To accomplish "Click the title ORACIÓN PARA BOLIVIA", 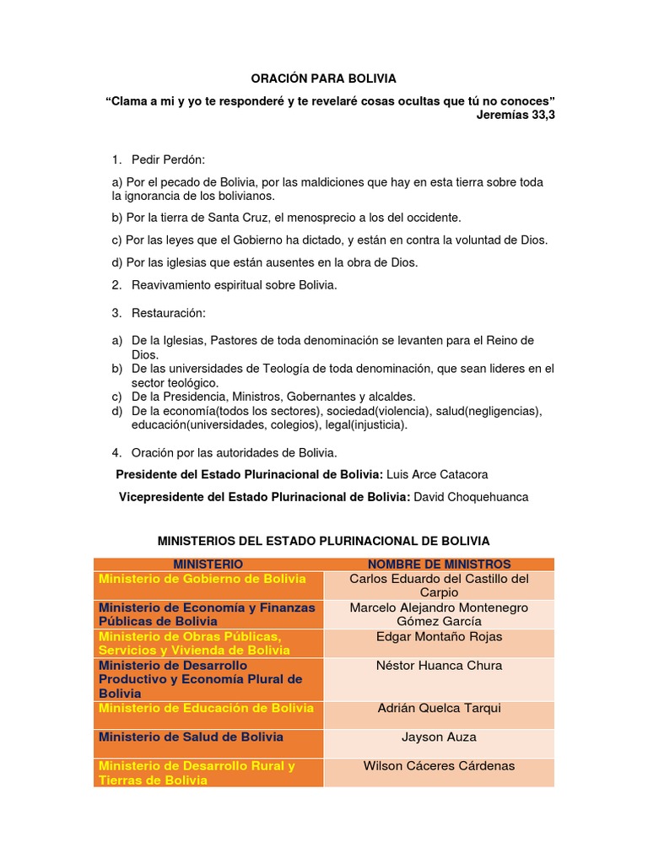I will click(x=324, y=78).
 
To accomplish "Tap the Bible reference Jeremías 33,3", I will click(x=516, y=115).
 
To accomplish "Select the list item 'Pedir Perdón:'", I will click(x=168, y=159).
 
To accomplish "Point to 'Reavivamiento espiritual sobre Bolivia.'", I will click(x=234, y=285).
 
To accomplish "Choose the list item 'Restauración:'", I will click(x=168, y=313).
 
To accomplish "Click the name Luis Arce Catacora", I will click(x=437, y=474).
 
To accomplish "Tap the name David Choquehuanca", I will click(x=470, y=497).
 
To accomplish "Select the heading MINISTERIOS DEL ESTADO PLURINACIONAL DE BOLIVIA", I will click(x=324, y=540).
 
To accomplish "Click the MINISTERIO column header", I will click(x=208, y=564).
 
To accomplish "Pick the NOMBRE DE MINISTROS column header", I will click(x=439, y=564).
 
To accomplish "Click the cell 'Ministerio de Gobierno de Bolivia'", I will click(x=202, y=579).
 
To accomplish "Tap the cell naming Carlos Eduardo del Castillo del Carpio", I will click(x=439, y=586).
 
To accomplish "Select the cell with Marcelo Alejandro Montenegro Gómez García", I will click(x=439, y=614).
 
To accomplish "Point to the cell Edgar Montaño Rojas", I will click(x=439, y=637).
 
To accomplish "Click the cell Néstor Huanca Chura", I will click(x=439, y=666).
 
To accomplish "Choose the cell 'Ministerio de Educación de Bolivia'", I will click(x=206, y=708).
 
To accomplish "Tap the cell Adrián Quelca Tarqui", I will click(x=439, y=708).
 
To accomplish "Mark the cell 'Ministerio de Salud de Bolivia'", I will click(x=191, y=737).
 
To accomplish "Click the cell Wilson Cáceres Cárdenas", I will click(x=439, y=766).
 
